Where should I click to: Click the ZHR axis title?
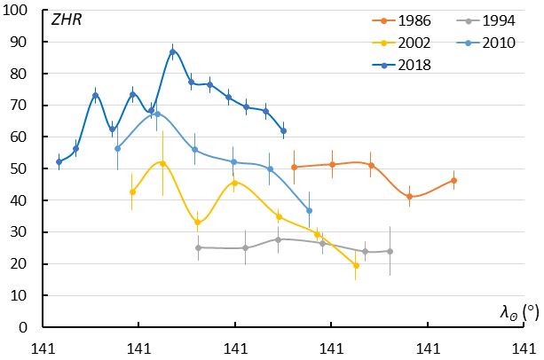click(x=66, y=20)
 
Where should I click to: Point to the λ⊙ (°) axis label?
click(x=517, y=311)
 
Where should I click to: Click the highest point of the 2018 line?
click(x=173, y=52)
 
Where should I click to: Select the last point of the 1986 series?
click(x=453, y=180)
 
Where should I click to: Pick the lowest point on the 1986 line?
click(x=409, y=197)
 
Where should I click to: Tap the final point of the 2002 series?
click(x=356, y=265)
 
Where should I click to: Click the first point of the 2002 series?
click(x=132, y=192)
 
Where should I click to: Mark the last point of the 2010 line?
click(x=309, y=210)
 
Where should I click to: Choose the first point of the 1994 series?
click(x=198, y=247)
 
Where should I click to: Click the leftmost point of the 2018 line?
click(x=59, y=161)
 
